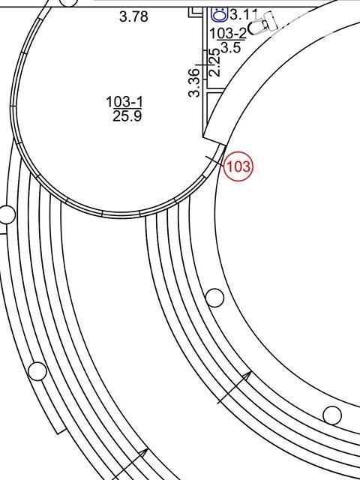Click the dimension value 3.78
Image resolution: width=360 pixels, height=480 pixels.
(x=133, y=16)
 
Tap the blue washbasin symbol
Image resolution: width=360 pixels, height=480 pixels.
(x=220, y=14)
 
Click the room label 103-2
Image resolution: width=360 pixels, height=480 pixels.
(x=228, y=33)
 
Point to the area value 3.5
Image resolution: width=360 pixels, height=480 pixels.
(x=230, y=48)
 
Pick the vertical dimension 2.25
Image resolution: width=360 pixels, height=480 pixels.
(x=214, y=62)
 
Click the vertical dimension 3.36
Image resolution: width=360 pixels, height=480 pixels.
(x=193, y=83)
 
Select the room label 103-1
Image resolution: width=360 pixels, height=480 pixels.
(x=124, y=102)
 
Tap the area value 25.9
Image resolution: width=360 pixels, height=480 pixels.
(x=127, y=116)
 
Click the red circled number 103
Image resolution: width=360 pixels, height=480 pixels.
(x=238, y=166)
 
